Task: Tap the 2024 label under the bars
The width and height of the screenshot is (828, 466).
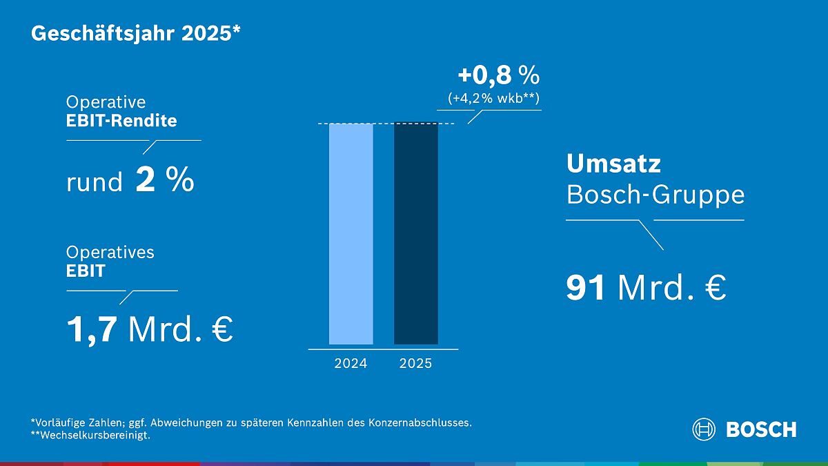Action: point(351,363)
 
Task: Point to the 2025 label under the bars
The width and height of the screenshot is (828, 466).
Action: point(415,363)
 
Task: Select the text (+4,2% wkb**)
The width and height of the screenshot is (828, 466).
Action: point(493,98)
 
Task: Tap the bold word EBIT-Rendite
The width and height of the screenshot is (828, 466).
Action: point(121,121)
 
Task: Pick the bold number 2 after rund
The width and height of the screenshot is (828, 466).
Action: point(146,181)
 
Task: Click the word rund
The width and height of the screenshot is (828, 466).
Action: point(95,183)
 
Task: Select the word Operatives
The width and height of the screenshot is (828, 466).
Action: point(110,253)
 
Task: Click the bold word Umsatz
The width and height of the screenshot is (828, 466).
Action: point(613,164)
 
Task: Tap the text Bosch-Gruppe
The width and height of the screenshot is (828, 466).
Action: point(655,195)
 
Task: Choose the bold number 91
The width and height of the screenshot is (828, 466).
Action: point(586,289)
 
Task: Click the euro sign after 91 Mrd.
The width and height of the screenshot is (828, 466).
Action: point(716,289)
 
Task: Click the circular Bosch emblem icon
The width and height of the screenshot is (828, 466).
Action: point(704,429)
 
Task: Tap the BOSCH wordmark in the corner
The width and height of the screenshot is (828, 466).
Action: point(761,429)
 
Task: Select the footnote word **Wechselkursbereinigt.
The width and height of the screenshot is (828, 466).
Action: point(90,436)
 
